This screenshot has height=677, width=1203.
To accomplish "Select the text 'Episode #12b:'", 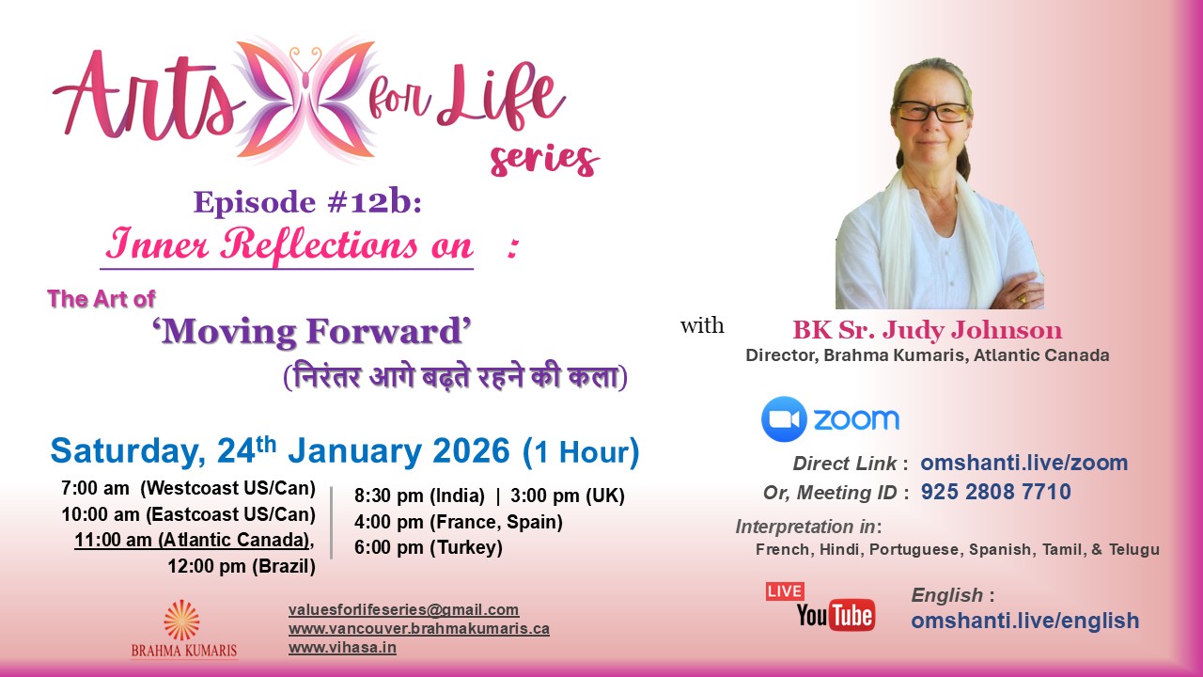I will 307,202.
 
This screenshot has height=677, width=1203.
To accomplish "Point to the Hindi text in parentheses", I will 455,377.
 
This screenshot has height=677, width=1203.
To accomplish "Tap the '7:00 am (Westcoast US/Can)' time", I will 188,491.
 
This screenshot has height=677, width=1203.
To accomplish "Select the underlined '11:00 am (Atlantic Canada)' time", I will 194,541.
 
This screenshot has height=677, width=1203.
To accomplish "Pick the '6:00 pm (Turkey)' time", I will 429,547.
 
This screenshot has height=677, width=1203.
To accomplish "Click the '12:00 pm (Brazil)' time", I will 242,566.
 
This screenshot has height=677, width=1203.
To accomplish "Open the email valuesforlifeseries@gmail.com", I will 404,609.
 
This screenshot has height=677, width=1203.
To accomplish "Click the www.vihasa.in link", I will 342,647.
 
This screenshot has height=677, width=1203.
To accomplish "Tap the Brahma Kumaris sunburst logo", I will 182,620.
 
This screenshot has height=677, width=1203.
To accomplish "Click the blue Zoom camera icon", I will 784,419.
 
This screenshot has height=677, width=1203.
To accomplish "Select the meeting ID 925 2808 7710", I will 996,492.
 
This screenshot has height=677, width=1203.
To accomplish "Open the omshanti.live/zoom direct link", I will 1024,463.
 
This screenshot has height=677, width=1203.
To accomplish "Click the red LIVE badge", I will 785,591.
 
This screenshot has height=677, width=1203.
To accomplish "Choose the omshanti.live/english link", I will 1024,621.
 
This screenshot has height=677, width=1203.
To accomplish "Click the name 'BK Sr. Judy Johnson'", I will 928,330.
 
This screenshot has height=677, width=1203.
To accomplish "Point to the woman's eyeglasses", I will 931,112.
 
